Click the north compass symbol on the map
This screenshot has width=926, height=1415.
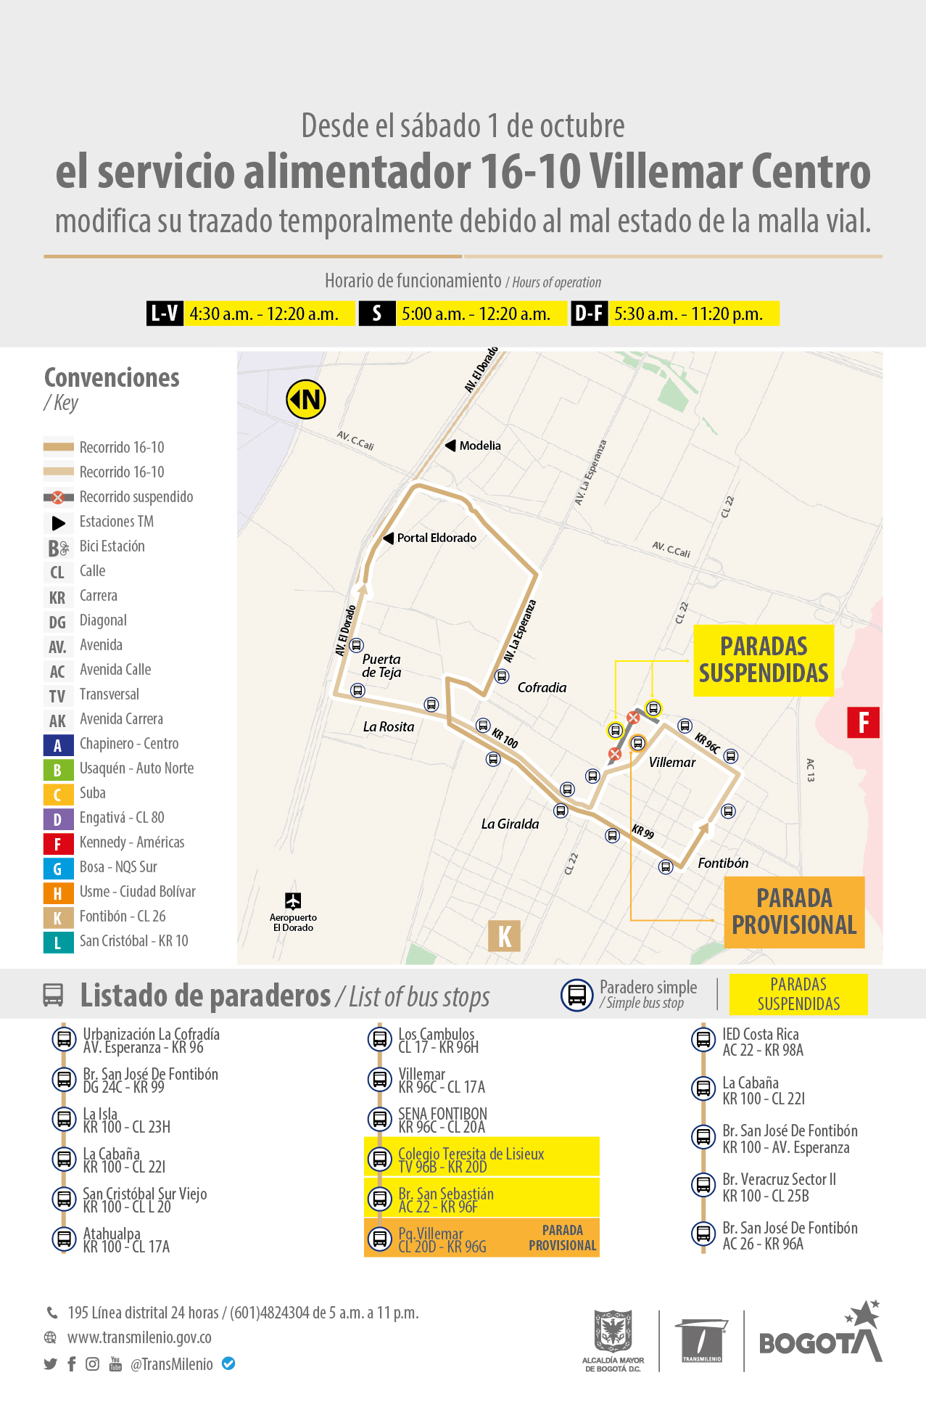coord(306,400)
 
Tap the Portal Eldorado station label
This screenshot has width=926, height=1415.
coord(436,538)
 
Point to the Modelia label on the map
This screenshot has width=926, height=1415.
coord(479,446)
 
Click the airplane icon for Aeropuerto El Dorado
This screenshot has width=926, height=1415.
coord(293,901)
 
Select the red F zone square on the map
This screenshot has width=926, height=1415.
coord(863,723)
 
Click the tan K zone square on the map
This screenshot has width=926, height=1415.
coord(505,935)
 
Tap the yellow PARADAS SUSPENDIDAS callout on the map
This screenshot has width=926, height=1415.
coord(764,660)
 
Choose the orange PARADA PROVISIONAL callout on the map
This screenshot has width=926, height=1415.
coord(794,912)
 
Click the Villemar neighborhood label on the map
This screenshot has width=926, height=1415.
coord(672,762)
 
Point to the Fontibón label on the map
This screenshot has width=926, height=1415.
coord(723,863)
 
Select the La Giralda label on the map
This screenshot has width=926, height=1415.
coord(510,824)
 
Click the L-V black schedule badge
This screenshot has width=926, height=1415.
coord(165,313)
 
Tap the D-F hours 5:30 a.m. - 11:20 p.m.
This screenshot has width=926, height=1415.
coord(688,313)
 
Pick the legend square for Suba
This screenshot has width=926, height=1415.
coord(58,795)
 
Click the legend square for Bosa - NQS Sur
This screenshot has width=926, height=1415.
coord(58,869)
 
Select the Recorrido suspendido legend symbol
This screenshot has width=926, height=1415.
coord(59,497)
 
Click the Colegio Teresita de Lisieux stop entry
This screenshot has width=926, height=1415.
coord(471,1159)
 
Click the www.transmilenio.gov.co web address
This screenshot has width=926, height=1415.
coord(139,1337)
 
